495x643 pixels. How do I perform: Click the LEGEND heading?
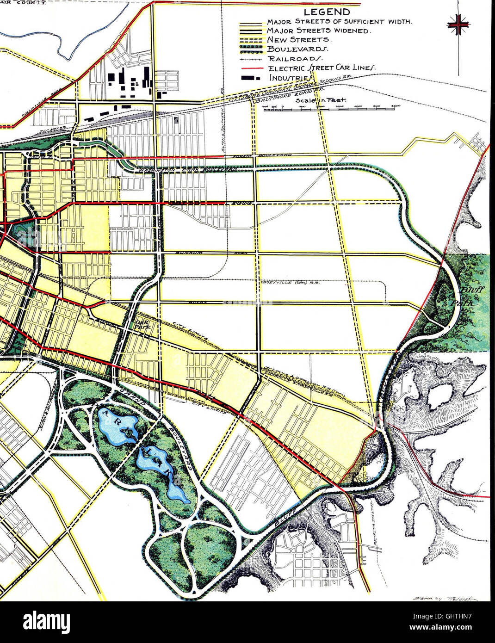click(x=327, y=12)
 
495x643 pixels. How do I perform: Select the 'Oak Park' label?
click(x=140, y=323)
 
